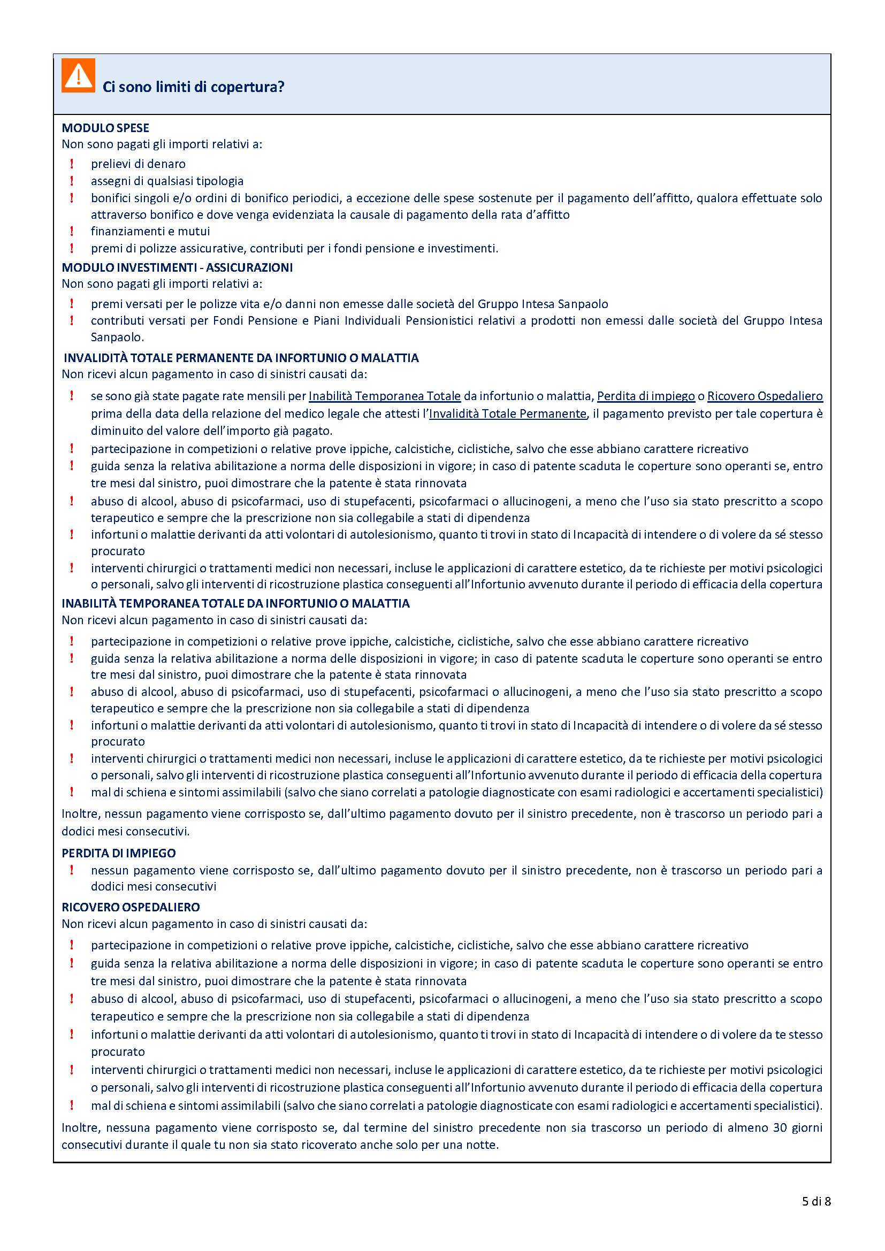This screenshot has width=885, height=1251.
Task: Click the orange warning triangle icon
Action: point(78,75)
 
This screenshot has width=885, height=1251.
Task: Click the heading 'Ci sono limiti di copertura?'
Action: point(194,87)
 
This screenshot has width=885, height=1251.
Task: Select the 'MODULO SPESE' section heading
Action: point(105,128)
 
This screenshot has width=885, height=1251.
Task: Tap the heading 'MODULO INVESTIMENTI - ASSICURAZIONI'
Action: point(177,267)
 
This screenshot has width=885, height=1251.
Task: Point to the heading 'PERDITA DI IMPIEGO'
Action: point(118,853)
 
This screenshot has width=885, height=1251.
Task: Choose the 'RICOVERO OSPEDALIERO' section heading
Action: point(131,907)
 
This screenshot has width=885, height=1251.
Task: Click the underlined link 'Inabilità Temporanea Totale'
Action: point(385,396)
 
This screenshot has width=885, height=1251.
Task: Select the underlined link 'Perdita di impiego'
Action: point(646,396)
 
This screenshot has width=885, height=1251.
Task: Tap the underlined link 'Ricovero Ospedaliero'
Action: point(765,396)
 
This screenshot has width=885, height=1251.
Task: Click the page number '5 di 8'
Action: point(817,1201)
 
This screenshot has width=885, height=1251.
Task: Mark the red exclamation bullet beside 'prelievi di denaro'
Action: point(72,164)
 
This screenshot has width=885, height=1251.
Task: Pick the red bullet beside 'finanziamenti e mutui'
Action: point(72,232)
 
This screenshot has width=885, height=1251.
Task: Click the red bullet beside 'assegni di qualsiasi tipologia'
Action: point(72,181)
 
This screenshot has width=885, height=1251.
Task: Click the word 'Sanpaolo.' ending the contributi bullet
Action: point(117,337)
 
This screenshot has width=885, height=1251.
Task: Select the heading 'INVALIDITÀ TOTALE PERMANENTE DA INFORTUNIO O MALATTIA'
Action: point(241,358)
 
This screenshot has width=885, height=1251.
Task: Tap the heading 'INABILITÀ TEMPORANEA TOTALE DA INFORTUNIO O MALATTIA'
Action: point(235,604)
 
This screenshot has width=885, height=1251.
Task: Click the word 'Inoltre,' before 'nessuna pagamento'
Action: point(80,1127)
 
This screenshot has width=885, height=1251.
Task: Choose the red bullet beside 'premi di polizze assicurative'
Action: point(72,249)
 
